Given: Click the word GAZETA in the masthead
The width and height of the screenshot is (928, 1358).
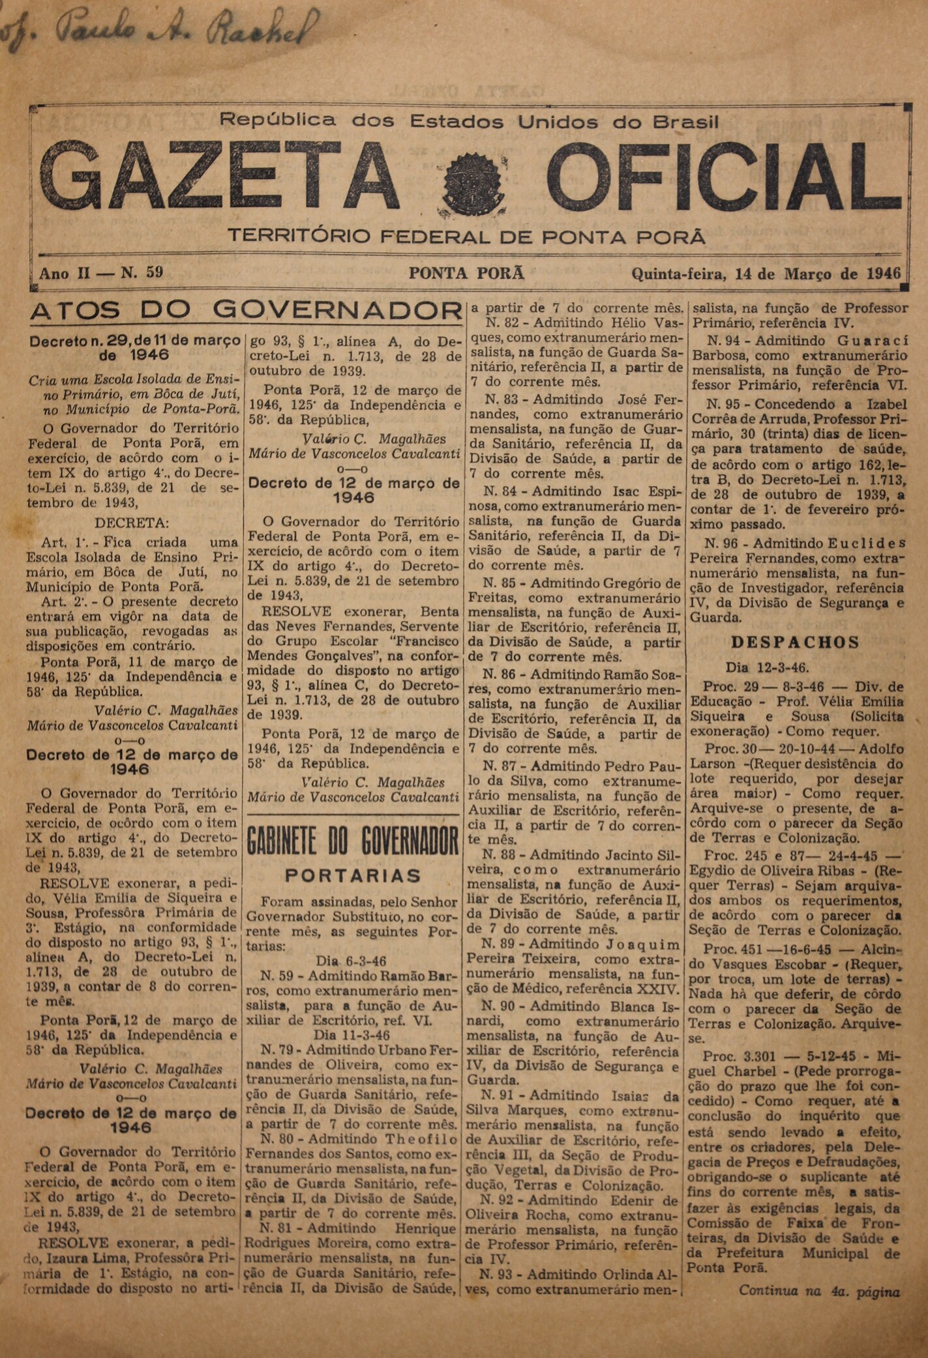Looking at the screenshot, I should [x=218, y=177].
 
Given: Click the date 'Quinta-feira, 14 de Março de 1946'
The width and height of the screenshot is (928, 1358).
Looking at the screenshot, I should [x=766, y=274].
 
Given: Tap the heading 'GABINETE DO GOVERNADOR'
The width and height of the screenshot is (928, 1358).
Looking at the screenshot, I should [x=353, y=842].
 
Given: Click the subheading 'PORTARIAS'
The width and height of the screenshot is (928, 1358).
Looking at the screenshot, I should [x=353, y=875].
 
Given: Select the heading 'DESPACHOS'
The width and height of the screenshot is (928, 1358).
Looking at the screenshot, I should [x=795, y=643].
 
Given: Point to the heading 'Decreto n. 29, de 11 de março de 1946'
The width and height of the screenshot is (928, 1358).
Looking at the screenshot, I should [x=133, y=347].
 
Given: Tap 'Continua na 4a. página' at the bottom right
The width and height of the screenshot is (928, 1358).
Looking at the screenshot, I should [x=818, y=1290].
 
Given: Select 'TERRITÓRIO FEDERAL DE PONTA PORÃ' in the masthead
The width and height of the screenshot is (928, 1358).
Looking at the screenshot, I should [x=466, y=236].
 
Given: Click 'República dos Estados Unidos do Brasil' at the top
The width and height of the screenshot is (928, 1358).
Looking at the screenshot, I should [x=469, y=121].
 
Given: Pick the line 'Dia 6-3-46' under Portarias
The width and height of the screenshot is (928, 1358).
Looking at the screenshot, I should [x=350, y=961].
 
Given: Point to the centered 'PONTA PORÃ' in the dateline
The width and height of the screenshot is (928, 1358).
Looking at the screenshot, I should [x=466, y=274].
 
